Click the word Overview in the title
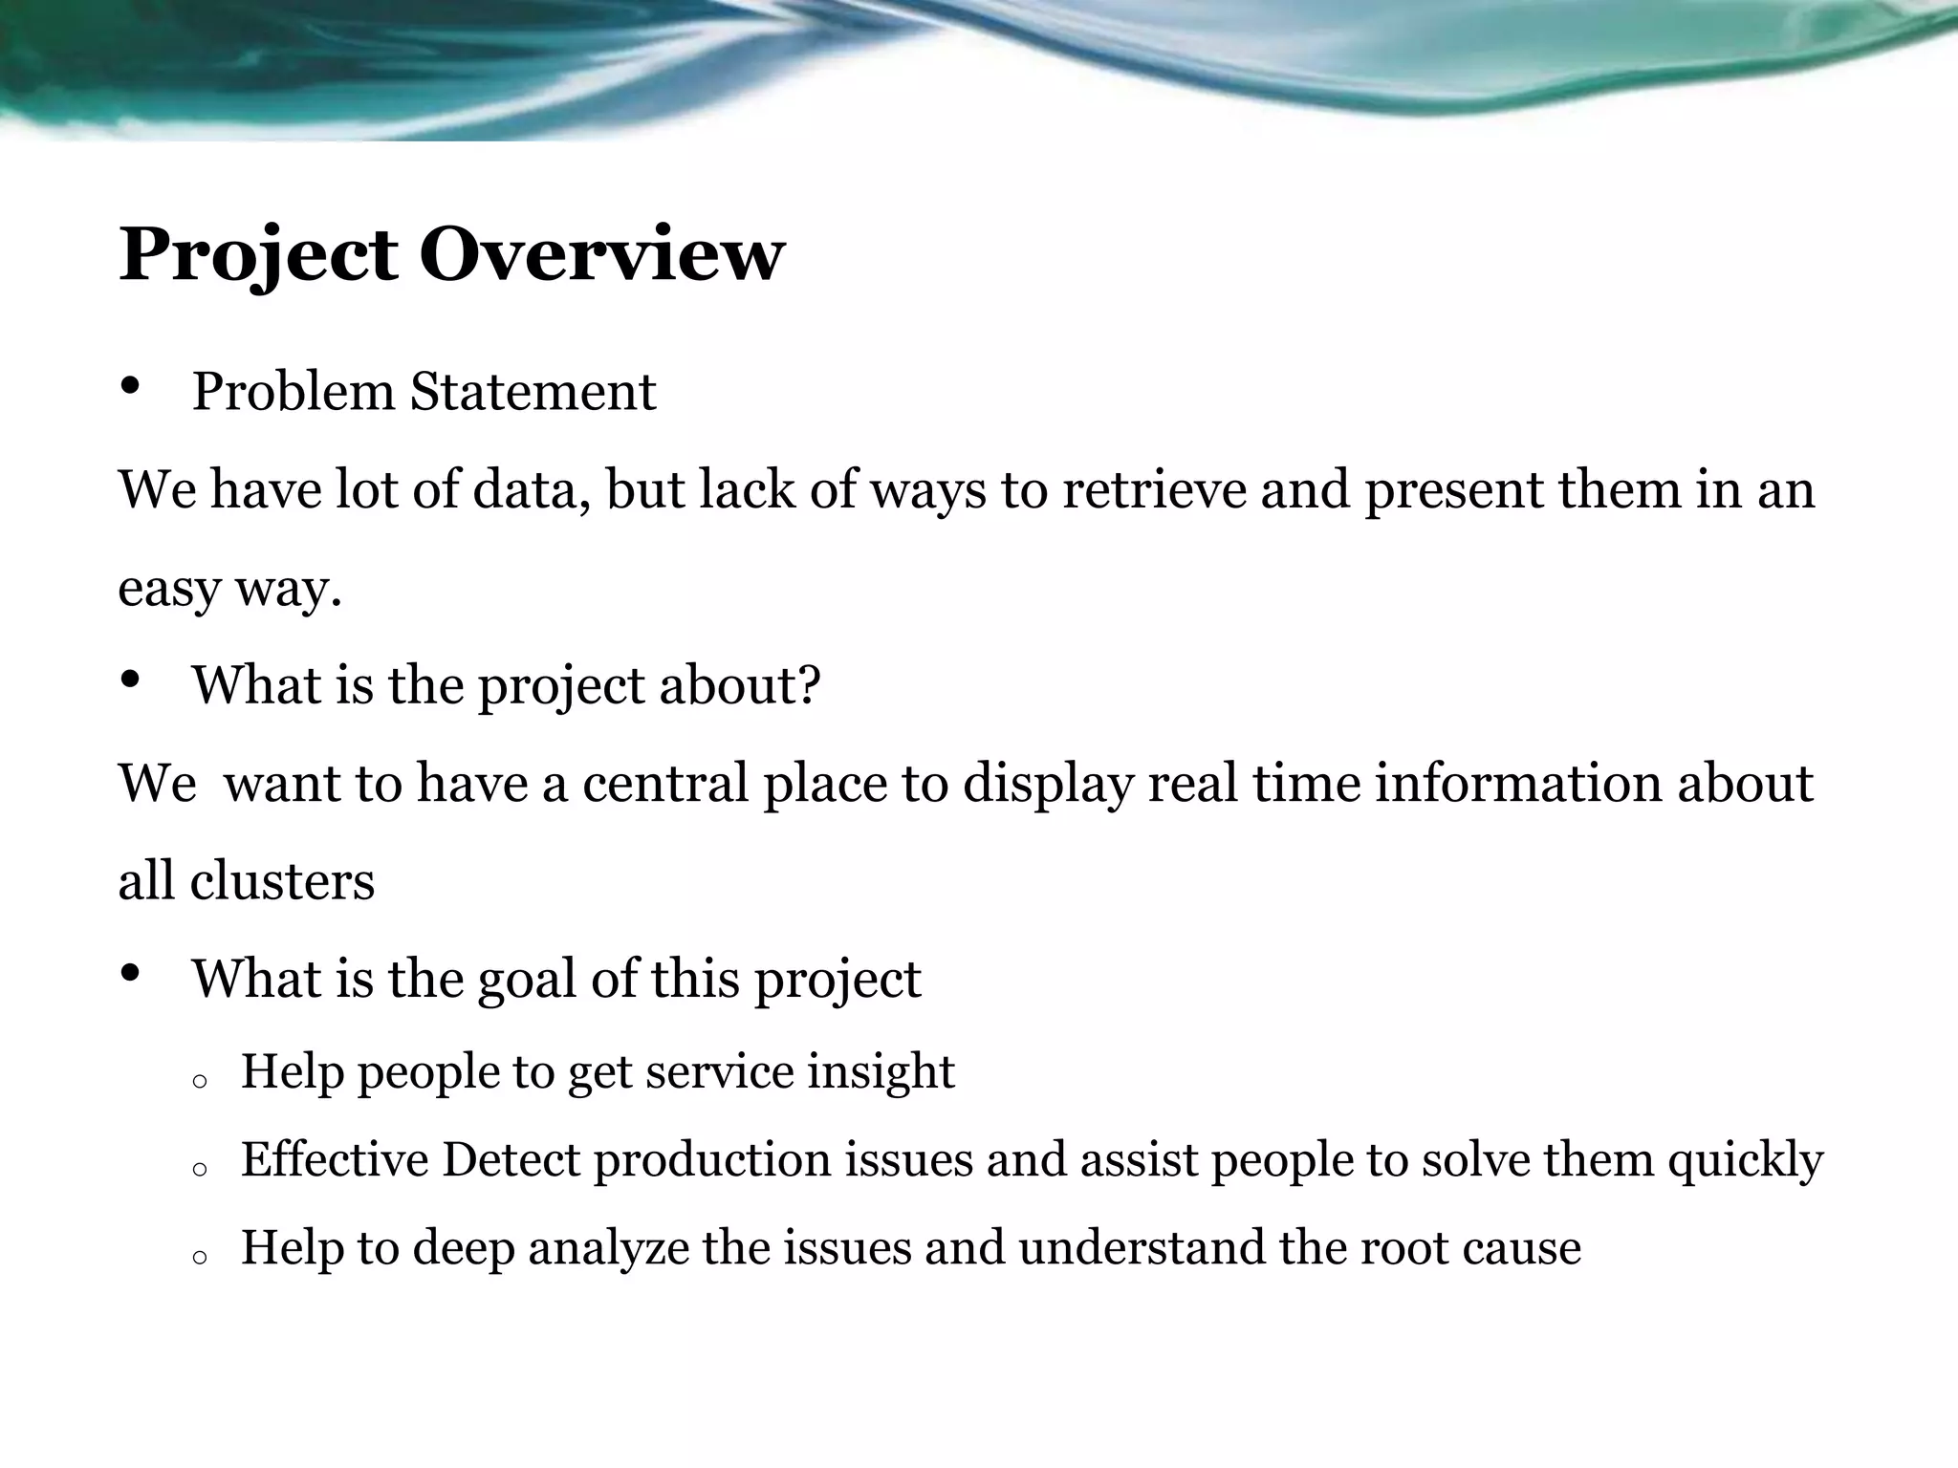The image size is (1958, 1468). pos(601,255)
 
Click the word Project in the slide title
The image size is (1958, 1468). pos(258,255)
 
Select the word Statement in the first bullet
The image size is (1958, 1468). pos(533,392)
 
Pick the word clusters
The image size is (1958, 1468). pos(282,880)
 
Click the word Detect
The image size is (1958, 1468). pos(511,1159)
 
